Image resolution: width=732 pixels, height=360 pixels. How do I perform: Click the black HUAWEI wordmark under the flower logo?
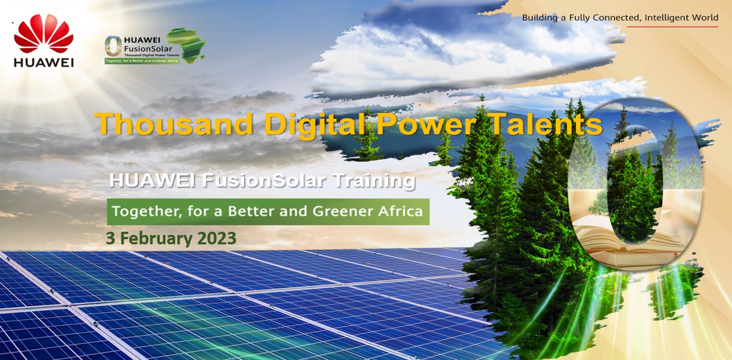(43, 62)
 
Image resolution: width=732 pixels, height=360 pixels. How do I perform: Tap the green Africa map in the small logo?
(185, 45)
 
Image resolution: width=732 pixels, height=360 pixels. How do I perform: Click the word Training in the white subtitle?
(374, 181)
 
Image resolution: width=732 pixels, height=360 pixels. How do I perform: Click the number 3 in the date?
(110, 239)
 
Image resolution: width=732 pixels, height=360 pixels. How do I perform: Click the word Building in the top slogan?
(539, 18)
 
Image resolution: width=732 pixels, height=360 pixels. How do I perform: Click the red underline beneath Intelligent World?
(672, 26)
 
